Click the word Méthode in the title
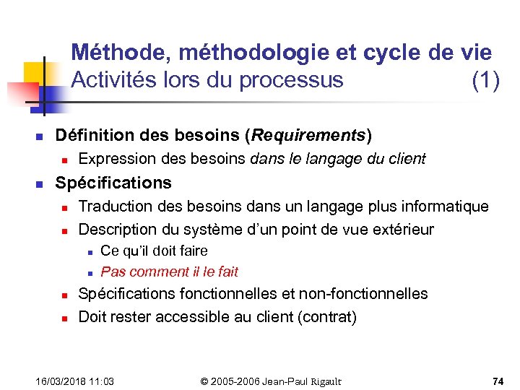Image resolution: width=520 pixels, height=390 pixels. pyautogui.click(x=119, y=53)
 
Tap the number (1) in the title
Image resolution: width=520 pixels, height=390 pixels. pyautogui.click(x=485, y=80)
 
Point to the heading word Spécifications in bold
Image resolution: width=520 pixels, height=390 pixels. pyautogui.click(x=113, y=183)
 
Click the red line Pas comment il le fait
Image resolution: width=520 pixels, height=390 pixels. pyautogui.click(x=169, y=272)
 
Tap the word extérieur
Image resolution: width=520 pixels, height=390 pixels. pyautogui.click(x=401, y=230)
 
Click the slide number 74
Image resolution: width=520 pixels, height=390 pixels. pyautogui.click(x=498, y=381)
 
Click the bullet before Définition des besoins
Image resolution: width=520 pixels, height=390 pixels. pyautogui.click(x=41, y=136)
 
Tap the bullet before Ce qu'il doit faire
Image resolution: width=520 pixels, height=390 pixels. pyautogui.click(x=87, y=252)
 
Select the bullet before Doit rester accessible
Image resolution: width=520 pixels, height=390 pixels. pyautogui.click(x=64, y=318)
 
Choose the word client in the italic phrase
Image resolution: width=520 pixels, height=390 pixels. pyautogui.click(x=408, y=159)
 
